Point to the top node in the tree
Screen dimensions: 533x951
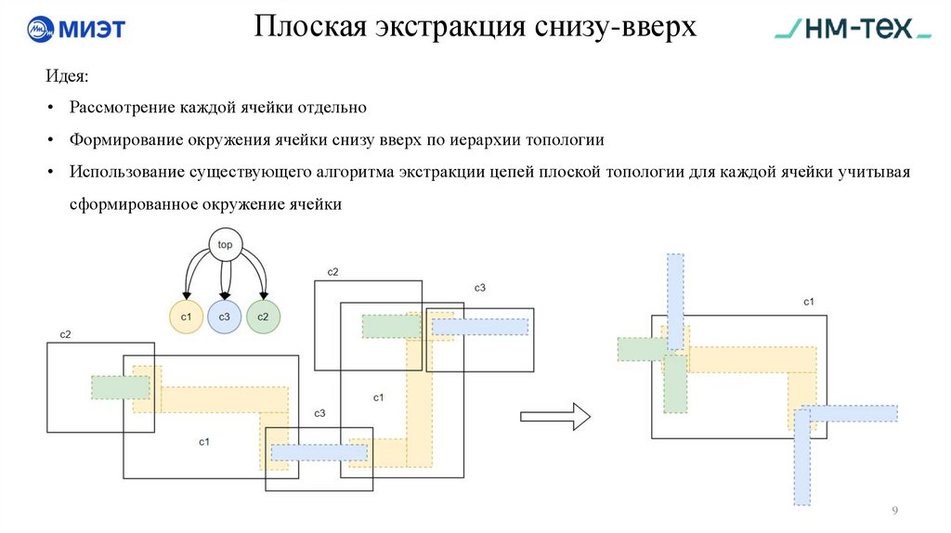pyautogui.click(x=225, y=245)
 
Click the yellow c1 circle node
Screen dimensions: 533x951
pyautogui.click(x=186, y=318)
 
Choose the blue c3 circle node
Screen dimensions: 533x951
pyautogui.click(x=225, y=318)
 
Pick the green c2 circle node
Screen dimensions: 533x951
pyautogui.click(x=263, y=318)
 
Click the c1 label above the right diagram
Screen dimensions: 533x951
pyautogui.click(x=809, y=303)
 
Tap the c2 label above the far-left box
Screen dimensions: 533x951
pyautogui.click(x=65, y=333)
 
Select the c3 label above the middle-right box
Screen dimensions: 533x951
pyautogui.click(x=480, y=288)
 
